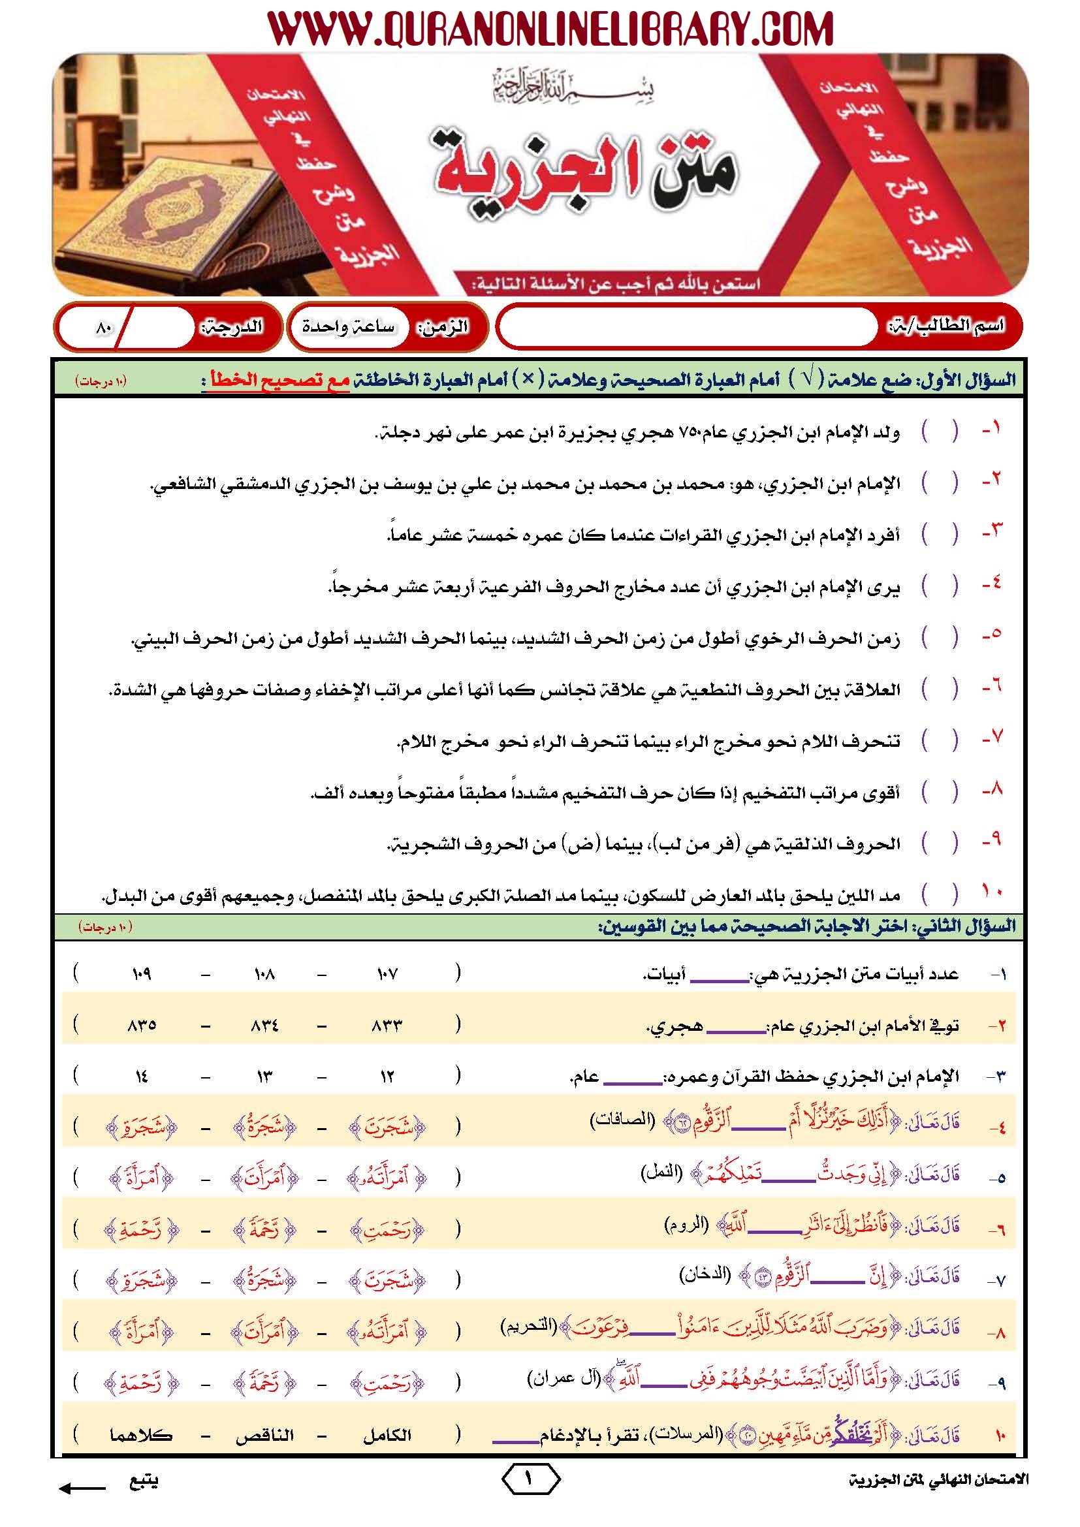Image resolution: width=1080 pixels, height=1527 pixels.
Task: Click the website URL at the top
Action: [x=550, y=29]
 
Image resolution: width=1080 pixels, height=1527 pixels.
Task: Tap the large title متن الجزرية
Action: [x=585, y=168]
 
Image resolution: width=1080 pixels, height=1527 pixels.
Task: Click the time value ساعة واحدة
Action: [x=348, y=326]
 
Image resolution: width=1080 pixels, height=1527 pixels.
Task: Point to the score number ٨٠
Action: [x=104, y=327]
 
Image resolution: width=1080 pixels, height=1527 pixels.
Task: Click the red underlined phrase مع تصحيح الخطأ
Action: [x=279, y=381]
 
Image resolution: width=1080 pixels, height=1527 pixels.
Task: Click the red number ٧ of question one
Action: [x=993, y=738]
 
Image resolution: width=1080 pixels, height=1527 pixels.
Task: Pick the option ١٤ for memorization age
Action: [x=141, y=1077]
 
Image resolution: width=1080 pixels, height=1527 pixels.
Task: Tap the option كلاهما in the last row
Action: [x=141, y=1436]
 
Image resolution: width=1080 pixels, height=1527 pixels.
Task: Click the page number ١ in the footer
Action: [x=530, y=1480]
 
